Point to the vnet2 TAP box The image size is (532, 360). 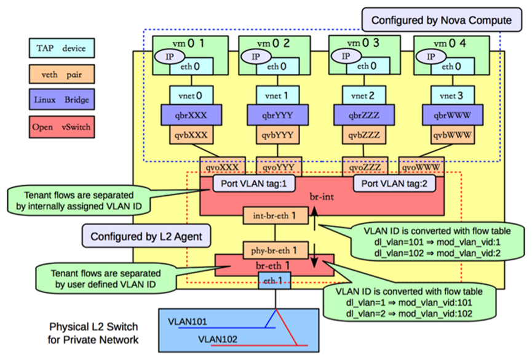(359, 96)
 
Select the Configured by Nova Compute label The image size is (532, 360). (440, 20)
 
